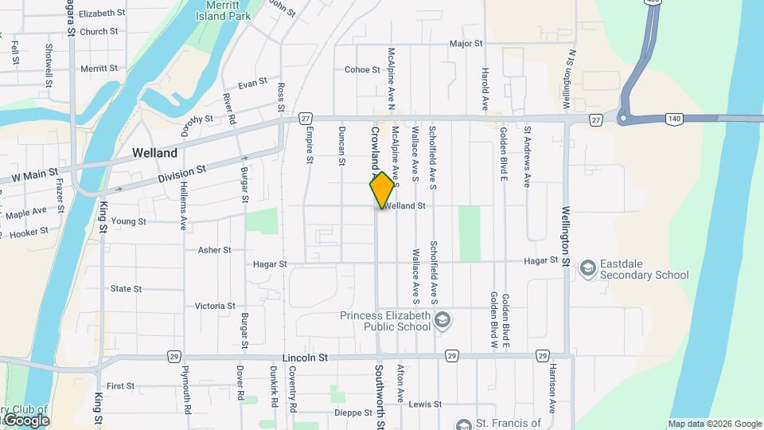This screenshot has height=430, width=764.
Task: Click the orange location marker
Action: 382,190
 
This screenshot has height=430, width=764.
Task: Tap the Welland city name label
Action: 154,152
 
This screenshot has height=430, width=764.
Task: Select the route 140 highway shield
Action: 673,119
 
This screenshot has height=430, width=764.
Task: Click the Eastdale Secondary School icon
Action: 588,268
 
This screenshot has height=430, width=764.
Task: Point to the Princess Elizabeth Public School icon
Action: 443,320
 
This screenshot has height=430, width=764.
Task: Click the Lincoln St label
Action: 306,358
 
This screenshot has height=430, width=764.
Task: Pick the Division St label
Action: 181,173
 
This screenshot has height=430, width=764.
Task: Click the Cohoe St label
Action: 362,70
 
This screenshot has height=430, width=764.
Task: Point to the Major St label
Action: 466,44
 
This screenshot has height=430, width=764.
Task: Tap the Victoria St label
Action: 215,306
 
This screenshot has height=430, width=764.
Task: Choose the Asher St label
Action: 214,249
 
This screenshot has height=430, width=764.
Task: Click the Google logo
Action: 25,420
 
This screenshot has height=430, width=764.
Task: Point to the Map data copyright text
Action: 713,424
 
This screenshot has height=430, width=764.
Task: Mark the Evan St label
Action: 252,84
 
